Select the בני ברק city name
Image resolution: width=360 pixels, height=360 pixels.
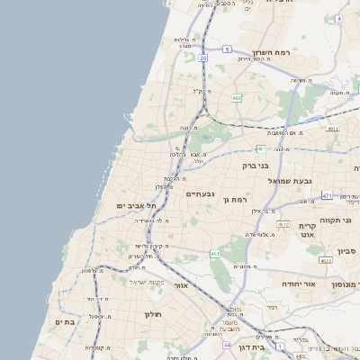click(x=256, y=165)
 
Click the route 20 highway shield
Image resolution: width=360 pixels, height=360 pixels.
click(x=203, y=58)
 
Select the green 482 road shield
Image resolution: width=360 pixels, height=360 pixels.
click(x=236, y=97)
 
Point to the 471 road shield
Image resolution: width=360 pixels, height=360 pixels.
click(x=327, y=195)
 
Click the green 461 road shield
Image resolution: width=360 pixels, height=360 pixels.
click(x=215, y=255)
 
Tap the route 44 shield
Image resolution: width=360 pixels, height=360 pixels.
click(x=228, y=345)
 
